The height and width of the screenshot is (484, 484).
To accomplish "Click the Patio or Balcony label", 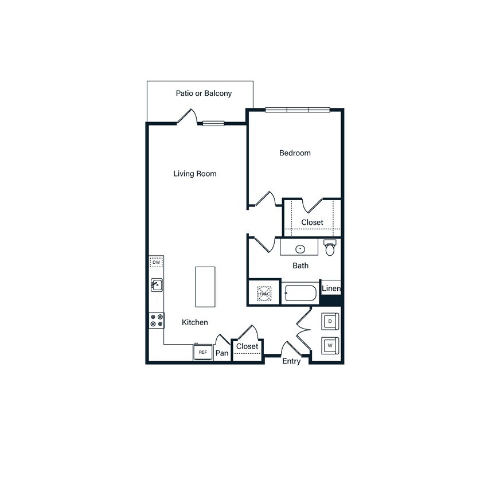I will tap(204, 93).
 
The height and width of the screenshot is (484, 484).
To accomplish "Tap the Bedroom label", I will tap(295, 153).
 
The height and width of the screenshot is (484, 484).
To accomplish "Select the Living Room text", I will tap(195, 173).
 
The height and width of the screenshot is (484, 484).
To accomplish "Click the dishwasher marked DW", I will tap(156, 263).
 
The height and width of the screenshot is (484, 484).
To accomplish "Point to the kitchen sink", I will tap(157, 284).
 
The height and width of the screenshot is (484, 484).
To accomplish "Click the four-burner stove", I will tap(156, 320).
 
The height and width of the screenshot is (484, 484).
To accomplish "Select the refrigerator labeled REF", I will tap(202, 352).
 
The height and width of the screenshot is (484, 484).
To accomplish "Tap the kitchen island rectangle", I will tap(205, 287).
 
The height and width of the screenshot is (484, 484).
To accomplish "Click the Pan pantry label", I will tap(222, 353).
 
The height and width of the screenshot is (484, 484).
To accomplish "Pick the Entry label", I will tap(291, 361).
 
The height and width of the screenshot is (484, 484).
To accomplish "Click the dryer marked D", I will tap(330, 322).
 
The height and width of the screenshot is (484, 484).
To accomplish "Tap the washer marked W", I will tap(330, 346).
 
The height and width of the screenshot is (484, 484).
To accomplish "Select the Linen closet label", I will tap(331, 288).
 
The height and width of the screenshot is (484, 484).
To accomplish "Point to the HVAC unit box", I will tap(264, 294).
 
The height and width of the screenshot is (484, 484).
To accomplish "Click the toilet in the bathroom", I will tap(330, 248).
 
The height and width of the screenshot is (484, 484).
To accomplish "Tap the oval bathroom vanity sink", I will tap(300, 249).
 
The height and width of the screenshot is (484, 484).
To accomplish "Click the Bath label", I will tap(300, 266).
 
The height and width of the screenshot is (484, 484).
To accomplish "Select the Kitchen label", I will tap(195, 322).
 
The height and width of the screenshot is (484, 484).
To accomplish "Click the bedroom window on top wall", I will tap(298, 110).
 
